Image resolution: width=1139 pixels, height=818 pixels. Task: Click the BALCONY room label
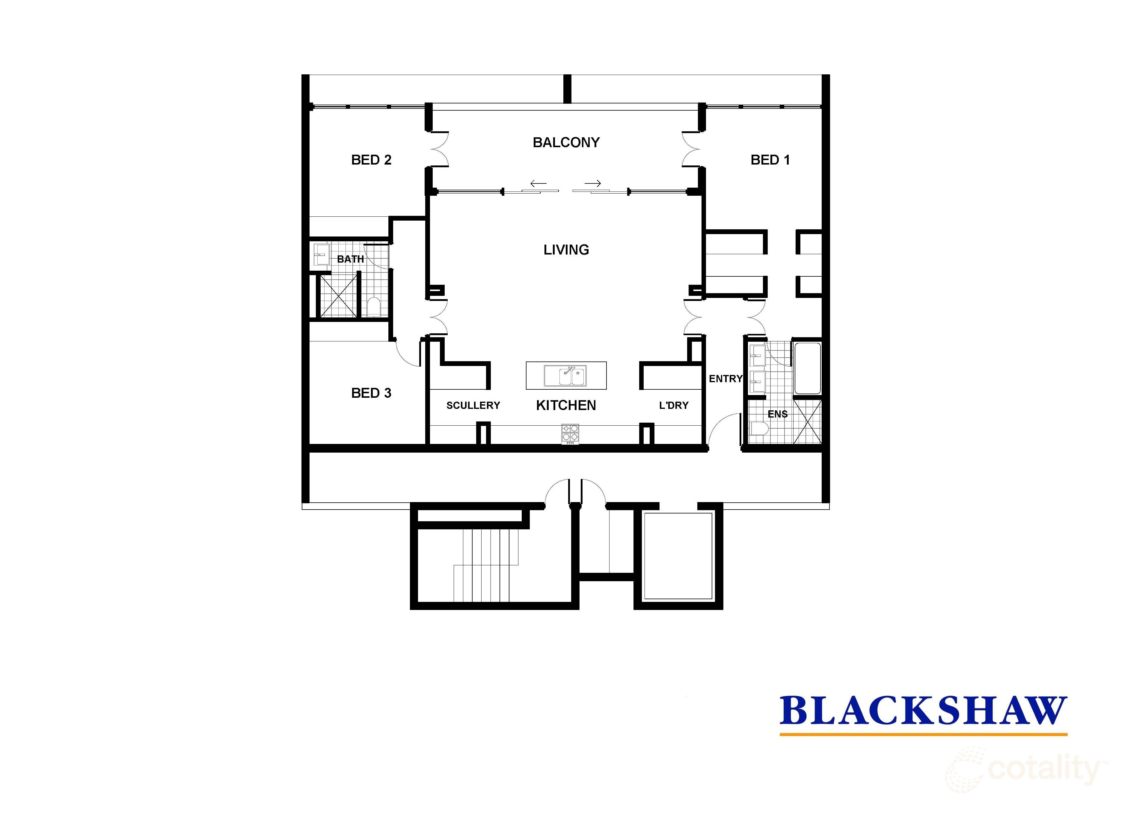click(x=566, y=143)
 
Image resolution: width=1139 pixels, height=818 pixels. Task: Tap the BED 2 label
click(x=371, y=160)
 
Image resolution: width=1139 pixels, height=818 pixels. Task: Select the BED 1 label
click(x=770, y=160)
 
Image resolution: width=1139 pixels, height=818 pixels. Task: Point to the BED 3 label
click(x=371, y=393)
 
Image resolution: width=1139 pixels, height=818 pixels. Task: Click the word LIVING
click(x=566, y=250)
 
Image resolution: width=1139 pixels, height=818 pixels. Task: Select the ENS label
click(x=777, y=414)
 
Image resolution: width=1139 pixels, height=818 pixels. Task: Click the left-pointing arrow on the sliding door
click(x=538, y=183)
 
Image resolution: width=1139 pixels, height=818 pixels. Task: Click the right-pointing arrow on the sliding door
click(x=593, y=183)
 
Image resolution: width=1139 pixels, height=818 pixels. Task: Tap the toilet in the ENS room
click(x=758, y=430)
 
